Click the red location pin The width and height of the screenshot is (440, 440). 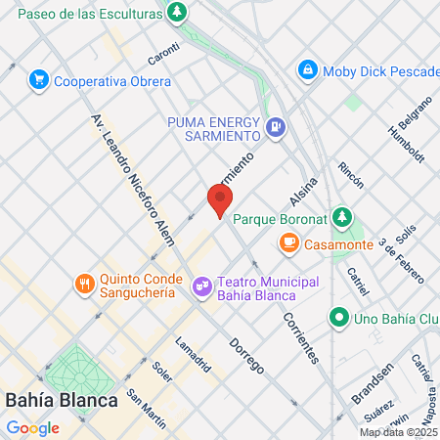219,200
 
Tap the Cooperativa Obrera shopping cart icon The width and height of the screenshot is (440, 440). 39,79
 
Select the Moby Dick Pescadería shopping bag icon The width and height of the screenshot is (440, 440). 308,70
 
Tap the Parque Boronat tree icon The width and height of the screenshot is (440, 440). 341,216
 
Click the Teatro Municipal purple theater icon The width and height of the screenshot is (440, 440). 202,286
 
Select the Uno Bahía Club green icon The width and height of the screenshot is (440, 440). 338,317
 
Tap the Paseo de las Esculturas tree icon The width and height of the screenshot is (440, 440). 177,14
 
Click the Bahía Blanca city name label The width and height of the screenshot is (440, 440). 62,400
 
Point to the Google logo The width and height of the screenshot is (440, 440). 32,427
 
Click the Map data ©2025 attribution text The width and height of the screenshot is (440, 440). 398,432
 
